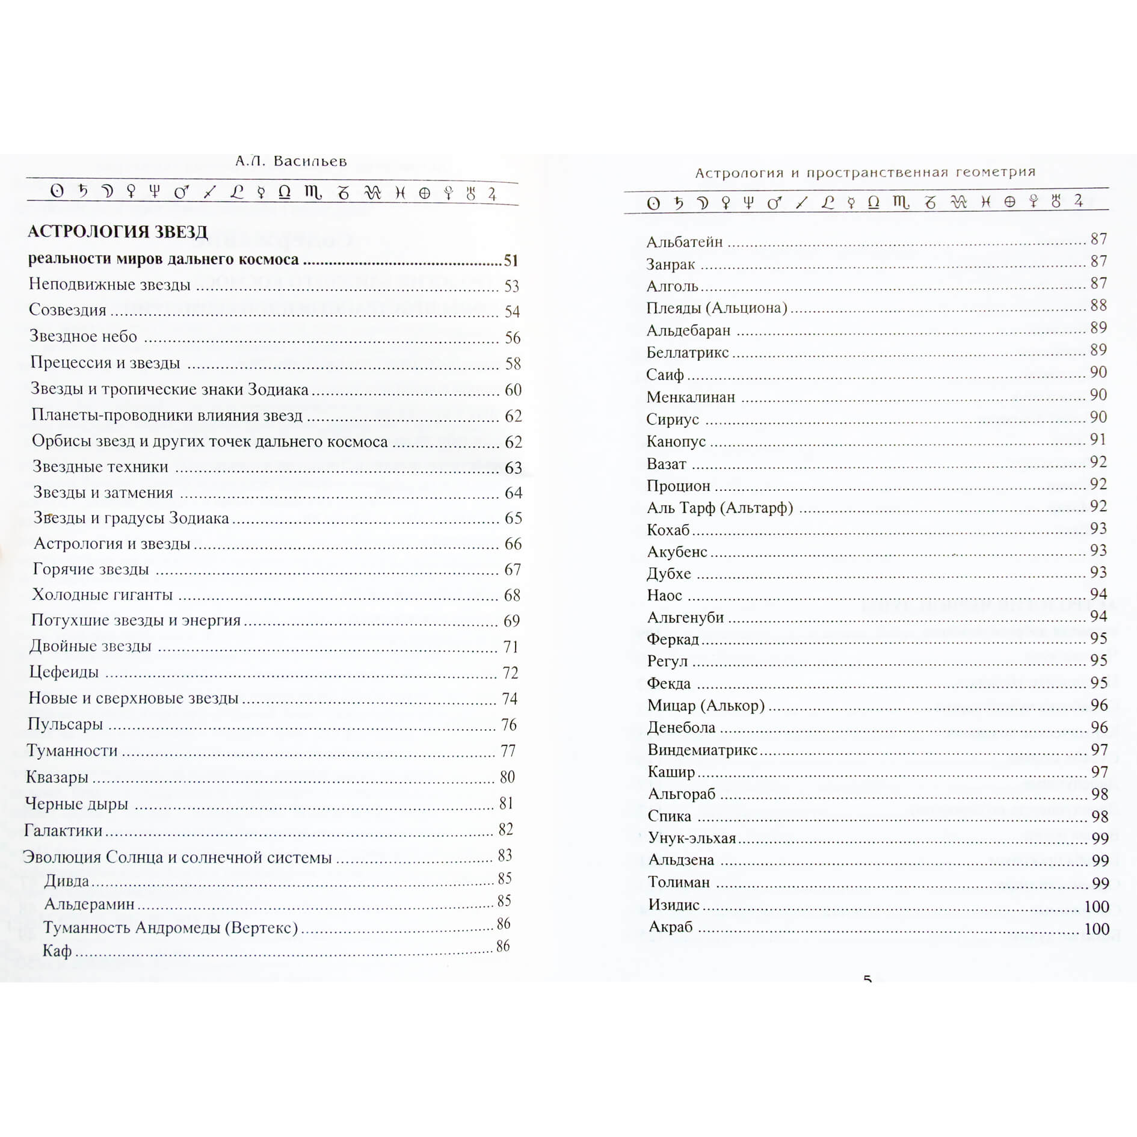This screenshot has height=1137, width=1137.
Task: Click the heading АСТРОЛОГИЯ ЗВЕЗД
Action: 118,232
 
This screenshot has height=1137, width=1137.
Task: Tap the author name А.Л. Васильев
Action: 291,161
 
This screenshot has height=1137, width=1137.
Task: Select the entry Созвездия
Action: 67,310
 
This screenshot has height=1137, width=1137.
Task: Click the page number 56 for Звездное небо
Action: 513,337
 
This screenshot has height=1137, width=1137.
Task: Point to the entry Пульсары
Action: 65,724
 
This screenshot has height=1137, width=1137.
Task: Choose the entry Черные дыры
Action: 76,804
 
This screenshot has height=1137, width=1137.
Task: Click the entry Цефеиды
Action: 64,672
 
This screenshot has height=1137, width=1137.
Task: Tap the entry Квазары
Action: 57,777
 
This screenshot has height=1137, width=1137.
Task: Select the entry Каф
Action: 57,951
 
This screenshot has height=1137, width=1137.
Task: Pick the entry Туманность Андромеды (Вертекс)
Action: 170,928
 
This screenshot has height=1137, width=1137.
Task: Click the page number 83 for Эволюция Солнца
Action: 505,855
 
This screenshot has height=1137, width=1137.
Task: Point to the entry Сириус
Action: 673,419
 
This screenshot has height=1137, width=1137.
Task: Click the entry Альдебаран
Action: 688,331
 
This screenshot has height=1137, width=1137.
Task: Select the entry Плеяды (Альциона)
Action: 716,308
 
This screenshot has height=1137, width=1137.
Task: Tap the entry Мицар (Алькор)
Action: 706,705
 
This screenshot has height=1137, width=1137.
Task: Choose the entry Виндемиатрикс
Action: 702,750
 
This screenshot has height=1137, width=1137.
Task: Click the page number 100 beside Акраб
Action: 1096,929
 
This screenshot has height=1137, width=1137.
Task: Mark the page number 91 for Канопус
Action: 1098,440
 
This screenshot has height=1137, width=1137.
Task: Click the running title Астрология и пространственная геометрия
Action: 865,173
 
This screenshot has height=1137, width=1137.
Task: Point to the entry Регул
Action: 667,661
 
